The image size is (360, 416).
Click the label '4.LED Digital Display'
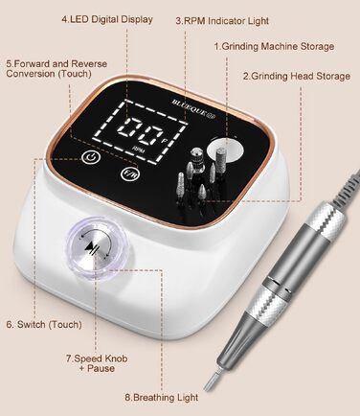pos(107,19)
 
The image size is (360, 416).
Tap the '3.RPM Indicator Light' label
pos(222,21)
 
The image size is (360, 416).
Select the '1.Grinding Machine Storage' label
pos(274,47)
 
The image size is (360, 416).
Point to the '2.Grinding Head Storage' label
pos(296,77)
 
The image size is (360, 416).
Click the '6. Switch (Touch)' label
pos(44,325)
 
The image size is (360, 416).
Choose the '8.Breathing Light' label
pos(161,398)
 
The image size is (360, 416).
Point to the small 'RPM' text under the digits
pos(138,149)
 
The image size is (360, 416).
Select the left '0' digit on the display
pos(128,129)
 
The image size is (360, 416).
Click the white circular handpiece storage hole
pos(226,150)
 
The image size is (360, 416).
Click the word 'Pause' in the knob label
pos(101,368)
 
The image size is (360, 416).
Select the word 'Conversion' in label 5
pos(31,74)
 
